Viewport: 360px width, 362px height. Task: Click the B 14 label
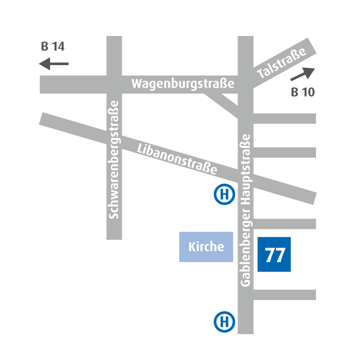(52, 47)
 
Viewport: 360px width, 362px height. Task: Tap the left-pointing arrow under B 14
(54, 64)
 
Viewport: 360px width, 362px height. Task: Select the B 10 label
(303, 92)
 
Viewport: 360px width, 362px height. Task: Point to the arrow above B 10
(302, 74)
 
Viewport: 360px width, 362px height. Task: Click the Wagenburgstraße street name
(182, 84)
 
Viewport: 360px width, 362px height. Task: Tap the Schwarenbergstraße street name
(114, 159)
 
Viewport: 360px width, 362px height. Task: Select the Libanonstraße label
(177, 159)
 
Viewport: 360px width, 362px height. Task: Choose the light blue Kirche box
(206, 247)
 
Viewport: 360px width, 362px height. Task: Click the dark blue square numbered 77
(274, 255)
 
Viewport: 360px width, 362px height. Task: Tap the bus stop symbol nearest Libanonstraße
(224, 195)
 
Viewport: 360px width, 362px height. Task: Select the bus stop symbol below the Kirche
(224, 322)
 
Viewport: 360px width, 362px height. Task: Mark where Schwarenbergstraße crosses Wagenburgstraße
(114, 85)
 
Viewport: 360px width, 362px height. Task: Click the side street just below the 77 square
(284, 294)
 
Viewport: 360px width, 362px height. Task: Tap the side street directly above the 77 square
(284, 224)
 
